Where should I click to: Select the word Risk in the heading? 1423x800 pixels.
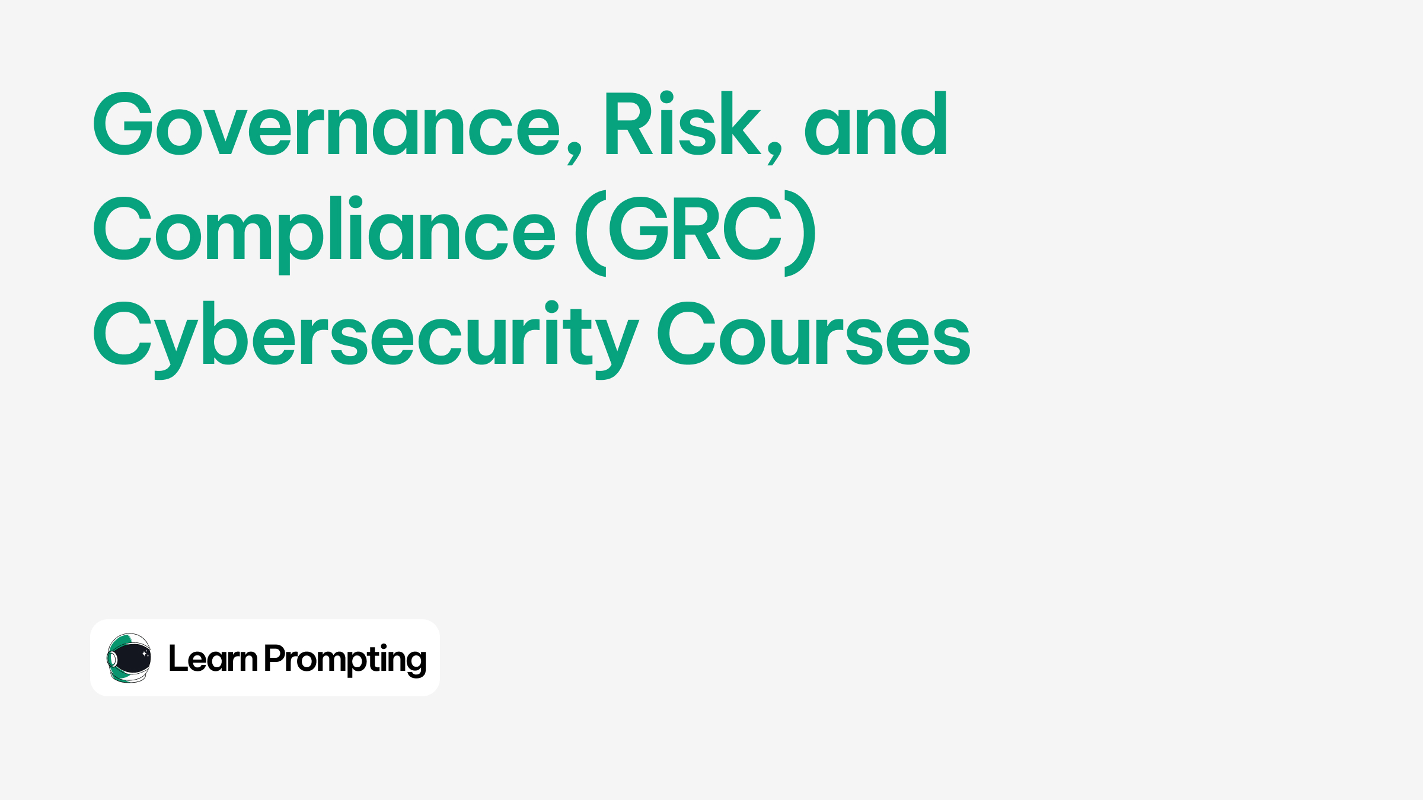(682, 124)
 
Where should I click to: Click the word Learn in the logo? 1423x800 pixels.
(213, 658)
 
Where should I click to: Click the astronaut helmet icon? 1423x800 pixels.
(129, 658)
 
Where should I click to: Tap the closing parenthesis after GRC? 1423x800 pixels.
(800, 233)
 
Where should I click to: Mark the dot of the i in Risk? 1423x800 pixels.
(666, 97)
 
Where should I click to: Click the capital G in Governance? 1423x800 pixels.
(123, 124)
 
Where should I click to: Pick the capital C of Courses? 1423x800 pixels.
(687, 333)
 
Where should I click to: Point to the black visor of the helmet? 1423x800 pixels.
(132, 658)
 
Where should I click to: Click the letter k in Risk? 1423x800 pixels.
(741, 124)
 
